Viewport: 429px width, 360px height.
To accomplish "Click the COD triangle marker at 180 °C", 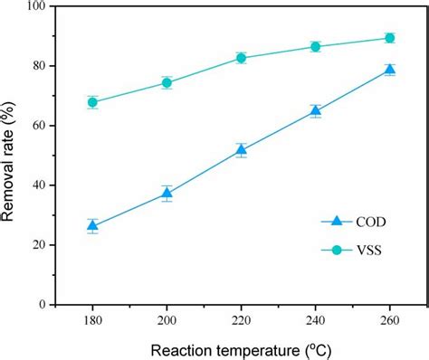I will coord(92,226).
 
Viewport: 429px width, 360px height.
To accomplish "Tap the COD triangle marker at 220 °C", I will coord(241,150).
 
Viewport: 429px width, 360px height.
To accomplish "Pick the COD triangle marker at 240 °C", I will coord(315,111).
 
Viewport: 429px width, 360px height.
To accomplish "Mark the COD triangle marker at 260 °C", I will coord(389,70).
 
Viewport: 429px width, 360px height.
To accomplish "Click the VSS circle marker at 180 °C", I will coord(92,102).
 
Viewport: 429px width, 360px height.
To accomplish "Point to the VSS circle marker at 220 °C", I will coord(241,58).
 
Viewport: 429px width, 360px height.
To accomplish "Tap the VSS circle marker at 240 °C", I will coord(315,46).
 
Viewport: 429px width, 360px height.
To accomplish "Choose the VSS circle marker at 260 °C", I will coord(389,38).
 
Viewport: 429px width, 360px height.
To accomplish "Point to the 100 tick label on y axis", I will coord(35,6).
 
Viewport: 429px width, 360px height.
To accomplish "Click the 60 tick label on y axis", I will coord(39,126).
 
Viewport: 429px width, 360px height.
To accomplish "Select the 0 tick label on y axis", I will coord(43,306).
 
